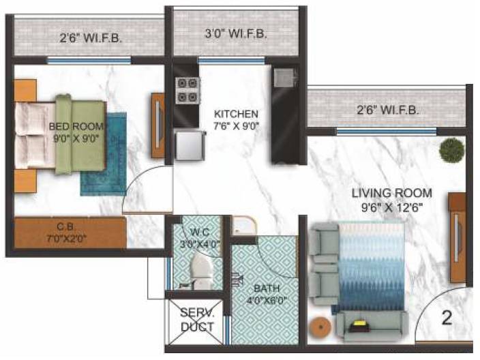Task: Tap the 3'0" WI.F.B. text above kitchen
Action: tap(236, 33)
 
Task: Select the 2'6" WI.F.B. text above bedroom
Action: tap(91, 39)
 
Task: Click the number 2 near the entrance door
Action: tap(447, 317)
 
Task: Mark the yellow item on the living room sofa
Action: tap(358, 326)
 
